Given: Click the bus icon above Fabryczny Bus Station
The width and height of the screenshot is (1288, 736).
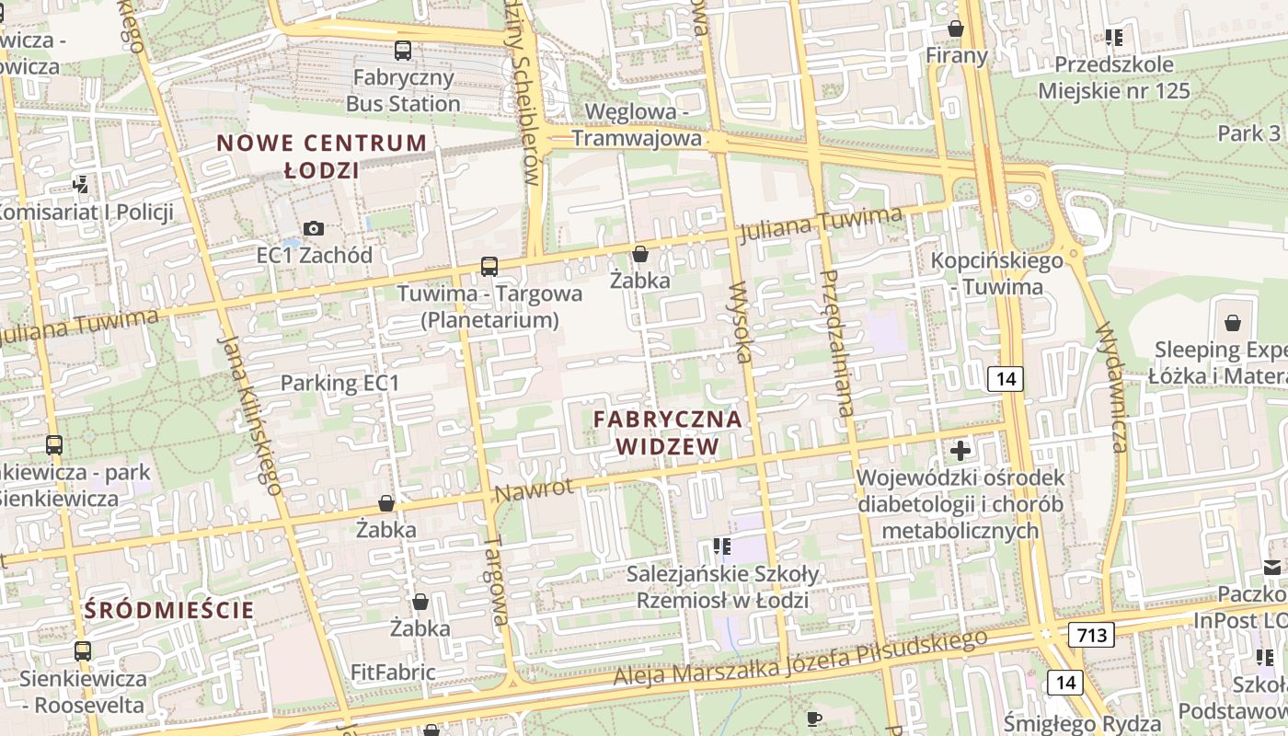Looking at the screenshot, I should tap(403, 51).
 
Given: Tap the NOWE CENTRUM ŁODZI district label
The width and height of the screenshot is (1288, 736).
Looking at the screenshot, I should tap(321, 156).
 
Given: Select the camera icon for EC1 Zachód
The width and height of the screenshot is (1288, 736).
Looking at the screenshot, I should tap(314, 228).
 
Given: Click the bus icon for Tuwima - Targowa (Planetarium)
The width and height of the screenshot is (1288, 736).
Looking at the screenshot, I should tap(489, 267).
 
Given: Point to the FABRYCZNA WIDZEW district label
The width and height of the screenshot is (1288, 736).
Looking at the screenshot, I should tap(667, 432).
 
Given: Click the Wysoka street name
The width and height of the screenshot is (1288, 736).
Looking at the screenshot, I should tap(741, 323).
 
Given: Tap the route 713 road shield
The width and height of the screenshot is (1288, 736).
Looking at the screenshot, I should tap(1091, 634).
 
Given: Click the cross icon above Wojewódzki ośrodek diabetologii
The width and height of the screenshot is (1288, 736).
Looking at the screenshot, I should tap(960, 451).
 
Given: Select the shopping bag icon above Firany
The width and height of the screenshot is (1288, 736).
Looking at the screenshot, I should tap(956, 29).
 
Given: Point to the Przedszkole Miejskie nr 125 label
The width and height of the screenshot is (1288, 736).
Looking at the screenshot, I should tap(1114, 77).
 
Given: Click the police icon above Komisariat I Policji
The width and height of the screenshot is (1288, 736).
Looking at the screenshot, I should tap(81, 185).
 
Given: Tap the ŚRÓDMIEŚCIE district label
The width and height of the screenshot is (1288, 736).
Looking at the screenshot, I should tap(169, 609).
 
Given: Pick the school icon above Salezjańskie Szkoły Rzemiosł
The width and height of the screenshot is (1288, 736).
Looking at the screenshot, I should tap(722, 546).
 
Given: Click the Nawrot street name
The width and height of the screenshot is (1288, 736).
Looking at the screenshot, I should tap(534, 489).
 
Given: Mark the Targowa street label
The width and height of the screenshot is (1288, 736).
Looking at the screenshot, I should tap(496, 581).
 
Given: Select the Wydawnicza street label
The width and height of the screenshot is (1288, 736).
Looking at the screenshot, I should tap(1110, 386).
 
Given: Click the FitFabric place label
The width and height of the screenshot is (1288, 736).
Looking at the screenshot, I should tap(393, 673).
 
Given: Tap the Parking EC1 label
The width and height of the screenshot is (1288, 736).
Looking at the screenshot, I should tap(339, 383).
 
